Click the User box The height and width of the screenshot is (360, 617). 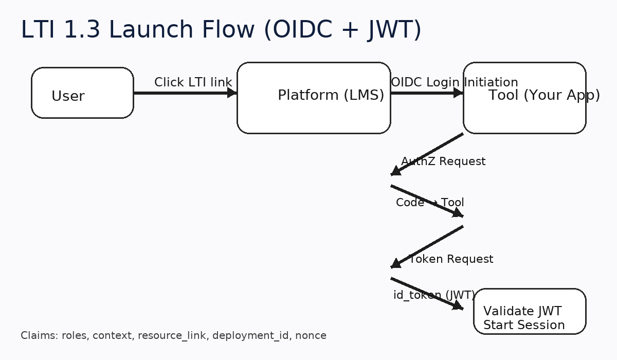point(82,93)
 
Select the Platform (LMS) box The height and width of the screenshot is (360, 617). point(314,98)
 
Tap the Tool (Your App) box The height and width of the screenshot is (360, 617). point(524,98)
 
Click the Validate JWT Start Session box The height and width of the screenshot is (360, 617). point(530,312)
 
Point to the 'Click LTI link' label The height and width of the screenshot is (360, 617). point(193,82)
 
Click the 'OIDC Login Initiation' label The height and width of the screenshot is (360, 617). point(454,82)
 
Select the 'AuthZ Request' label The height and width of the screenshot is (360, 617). point(443,161)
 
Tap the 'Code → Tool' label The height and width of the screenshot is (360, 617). point(430,203)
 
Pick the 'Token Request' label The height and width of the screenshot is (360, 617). point(451,259)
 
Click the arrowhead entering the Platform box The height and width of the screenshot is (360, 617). point(232,93)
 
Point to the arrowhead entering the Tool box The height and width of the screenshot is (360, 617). point(458,93)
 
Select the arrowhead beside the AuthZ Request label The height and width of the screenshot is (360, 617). point(395,171)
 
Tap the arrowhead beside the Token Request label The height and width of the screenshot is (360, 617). point(395,264)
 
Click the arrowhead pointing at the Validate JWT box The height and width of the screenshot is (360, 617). point(458,305)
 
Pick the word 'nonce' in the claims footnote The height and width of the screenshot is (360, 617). point(311,336)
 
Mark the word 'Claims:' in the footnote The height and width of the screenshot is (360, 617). point(39,336)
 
